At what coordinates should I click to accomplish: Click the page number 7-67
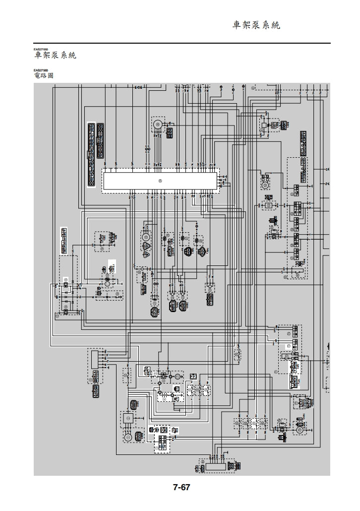pyautogui.click(x=181, y=488)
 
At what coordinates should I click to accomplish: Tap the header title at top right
pyautogui.click(x=256, y=25)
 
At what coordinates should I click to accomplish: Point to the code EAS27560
pyautogui.click(x=41, y=70)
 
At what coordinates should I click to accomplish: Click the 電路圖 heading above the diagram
pyautogui.click(x=44, y=76)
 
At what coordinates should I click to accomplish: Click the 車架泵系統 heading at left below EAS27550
pyautogui.click(x=55, y=56)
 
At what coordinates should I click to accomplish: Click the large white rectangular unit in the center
pyautogui.click(x=160, y=180)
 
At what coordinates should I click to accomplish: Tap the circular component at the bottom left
pyautogui.click(x=127, y=437)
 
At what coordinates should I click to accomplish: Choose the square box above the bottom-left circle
pyautogui.click(x=127, y=420)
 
